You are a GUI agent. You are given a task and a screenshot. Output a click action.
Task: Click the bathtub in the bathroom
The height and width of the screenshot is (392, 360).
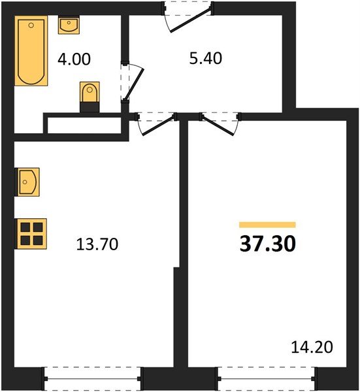[31, 52]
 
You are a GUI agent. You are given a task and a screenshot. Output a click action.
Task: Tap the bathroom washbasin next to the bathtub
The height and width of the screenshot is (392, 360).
[68, 25]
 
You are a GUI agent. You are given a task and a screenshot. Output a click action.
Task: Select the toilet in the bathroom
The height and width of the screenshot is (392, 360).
[90, 93]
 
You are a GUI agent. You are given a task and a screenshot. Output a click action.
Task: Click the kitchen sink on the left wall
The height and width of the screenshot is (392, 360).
[28, 182]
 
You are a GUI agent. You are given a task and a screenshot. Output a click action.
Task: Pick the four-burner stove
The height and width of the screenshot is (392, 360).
[31, 233]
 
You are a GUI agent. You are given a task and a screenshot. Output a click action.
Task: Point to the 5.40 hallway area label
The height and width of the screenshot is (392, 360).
[205, 59]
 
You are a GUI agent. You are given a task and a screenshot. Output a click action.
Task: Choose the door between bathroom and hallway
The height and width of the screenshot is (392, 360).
[129, 81]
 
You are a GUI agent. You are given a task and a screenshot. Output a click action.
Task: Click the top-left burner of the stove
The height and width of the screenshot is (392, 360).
[25, 227]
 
